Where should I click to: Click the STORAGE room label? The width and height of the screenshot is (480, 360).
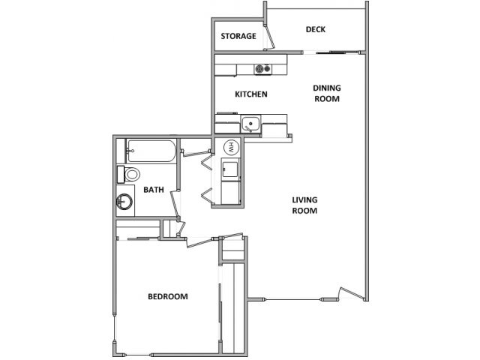(x=238, y=36)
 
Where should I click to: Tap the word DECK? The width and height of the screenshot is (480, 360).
(x=315, y=30)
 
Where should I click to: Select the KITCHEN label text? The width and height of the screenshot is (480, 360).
(x=251, y=94)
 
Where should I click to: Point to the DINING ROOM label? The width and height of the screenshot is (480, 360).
(x=327, y=93)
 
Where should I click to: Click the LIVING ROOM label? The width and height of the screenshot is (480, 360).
(x=305, y=205)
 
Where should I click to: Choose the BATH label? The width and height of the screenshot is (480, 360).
(x=154, y=190)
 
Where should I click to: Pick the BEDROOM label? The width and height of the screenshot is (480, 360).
(x=167, y=297)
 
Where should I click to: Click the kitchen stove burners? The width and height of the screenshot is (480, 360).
(x=262, y=70)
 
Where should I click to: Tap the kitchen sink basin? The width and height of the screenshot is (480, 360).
(x=250, y=124)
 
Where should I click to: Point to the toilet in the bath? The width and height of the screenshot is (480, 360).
(x=130, y=175)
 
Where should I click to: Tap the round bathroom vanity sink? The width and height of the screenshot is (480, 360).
(x=124, y=201)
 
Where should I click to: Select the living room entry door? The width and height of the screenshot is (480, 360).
(x=349, y=294)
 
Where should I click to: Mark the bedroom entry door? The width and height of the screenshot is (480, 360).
(x=199, y=241)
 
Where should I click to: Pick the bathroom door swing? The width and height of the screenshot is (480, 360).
(x=175, y=202)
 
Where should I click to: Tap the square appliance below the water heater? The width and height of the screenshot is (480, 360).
(x=231, y=168)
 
